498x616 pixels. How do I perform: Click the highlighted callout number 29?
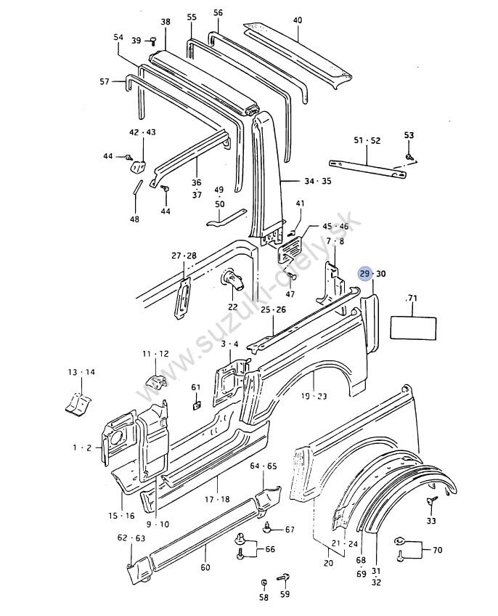point(365,274)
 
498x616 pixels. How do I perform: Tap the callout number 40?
point(298,20)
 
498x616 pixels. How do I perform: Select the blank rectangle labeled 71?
point(413,328)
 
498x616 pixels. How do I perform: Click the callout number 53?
point(409,135)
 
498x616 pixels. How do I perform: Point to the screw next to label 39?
point(151,40)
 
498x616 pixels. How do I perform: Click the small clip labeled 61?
point(197,405)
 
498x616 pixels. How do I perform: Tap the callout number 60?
point(205,567)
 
